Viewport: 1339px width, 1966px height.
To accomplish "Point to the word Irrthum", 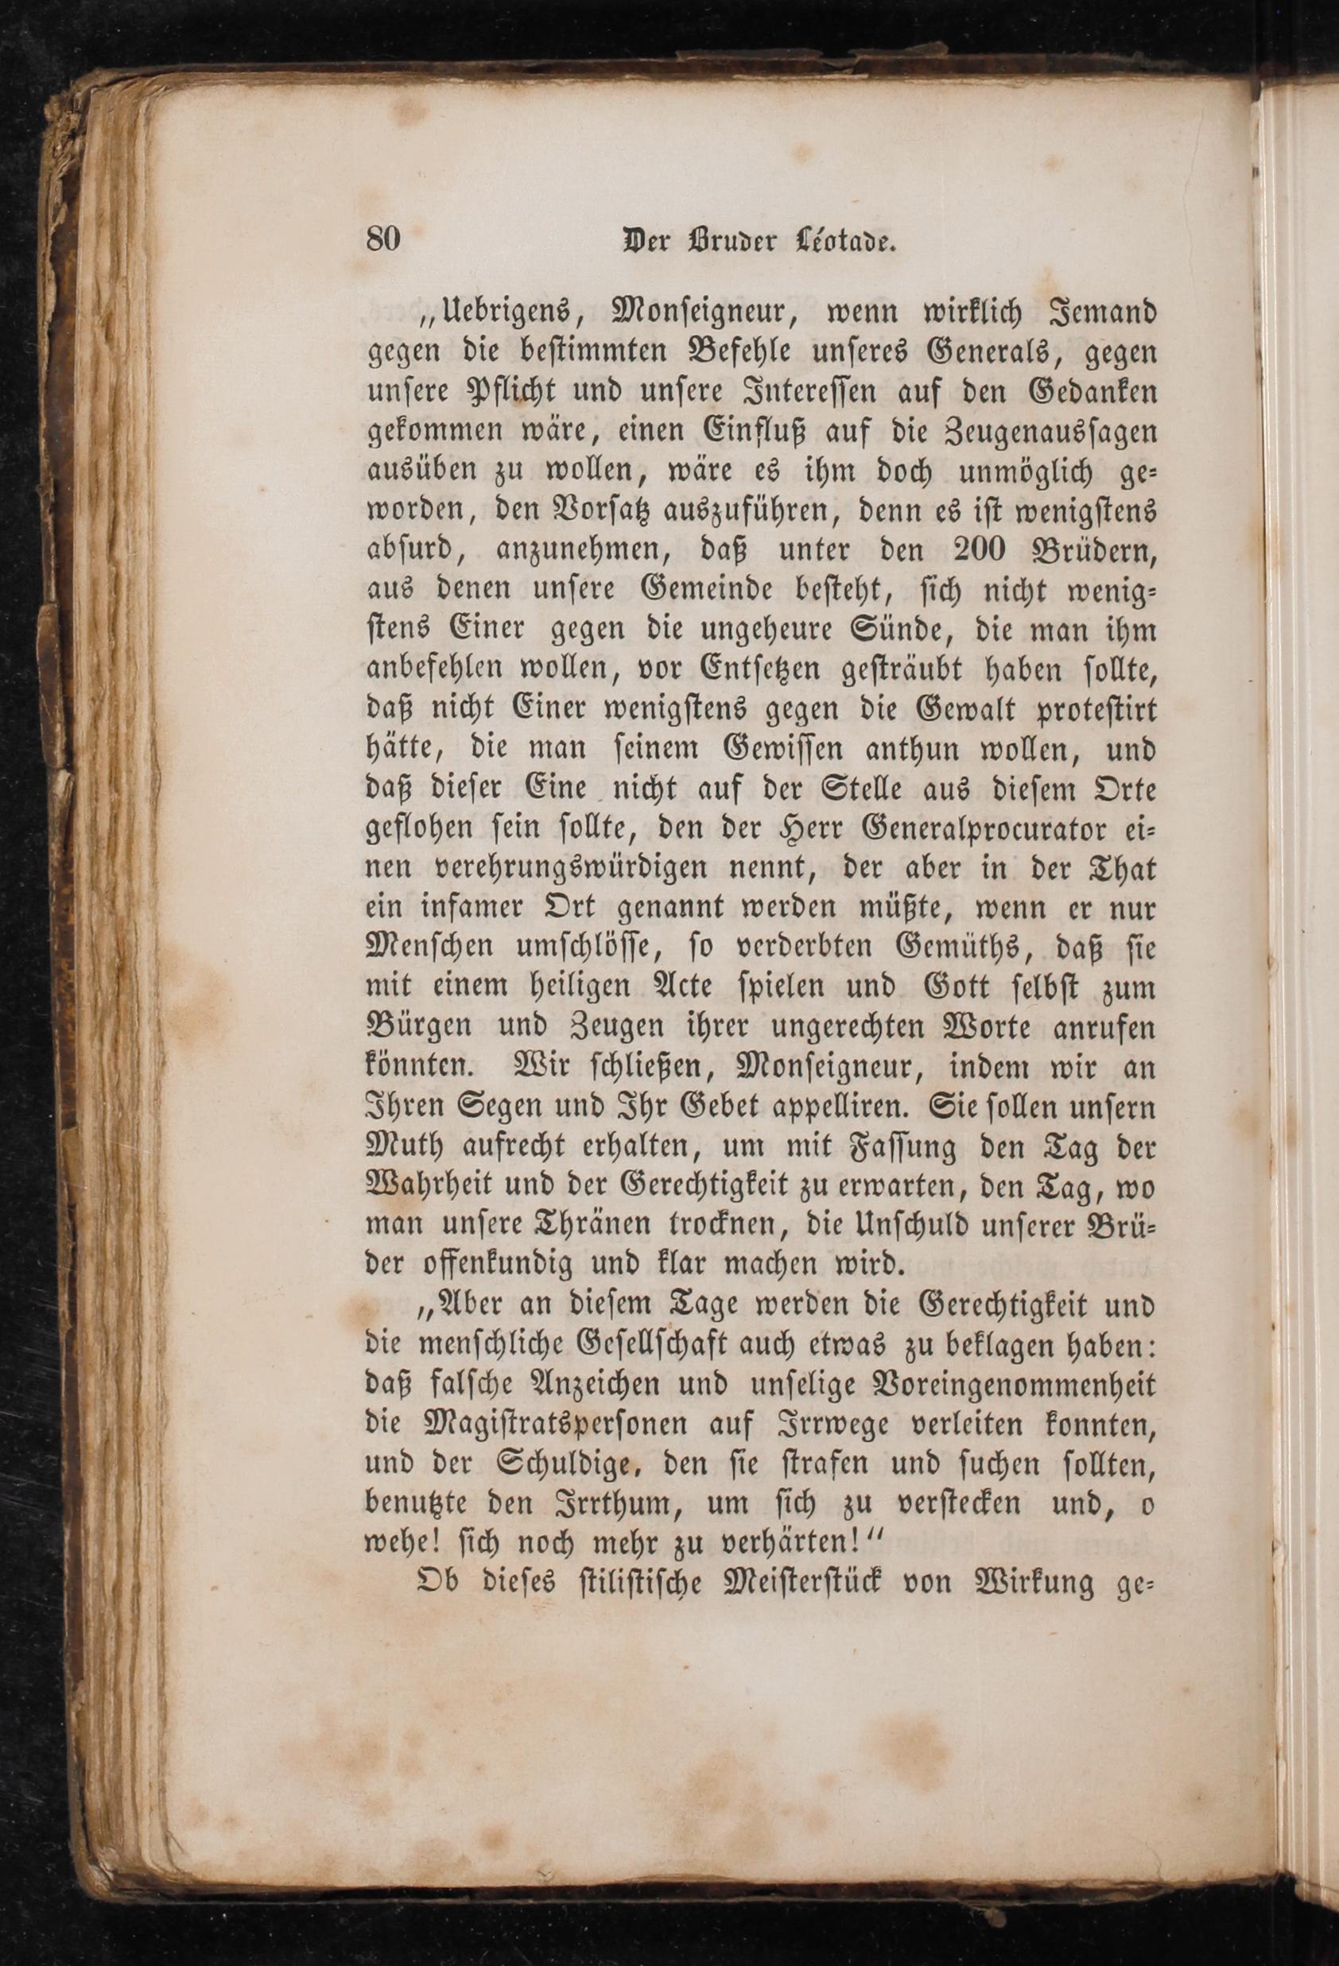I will pos(607,1504).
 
